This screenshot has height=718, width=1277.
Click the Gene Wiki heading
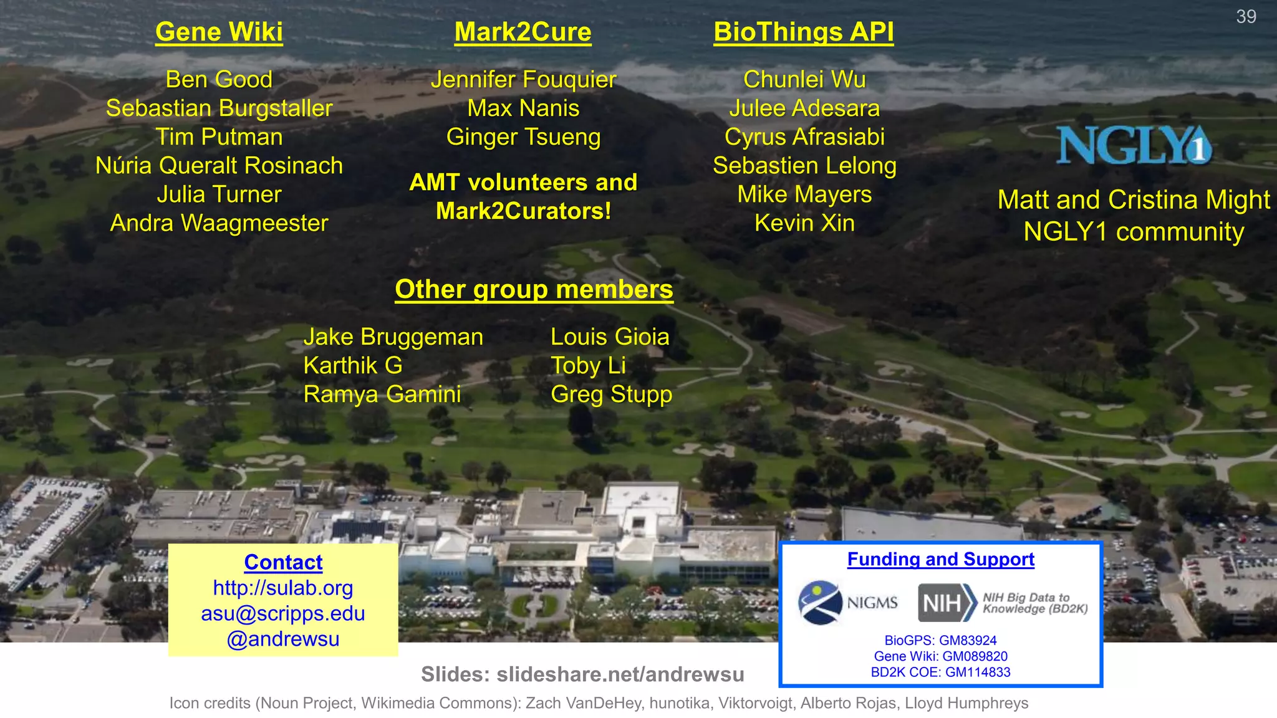click(x=219, y=32)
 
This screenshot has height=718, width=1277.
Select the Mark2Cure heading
click(x=523, y=32)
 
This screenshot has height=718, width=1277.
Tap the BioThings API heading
click(x=804, y=32)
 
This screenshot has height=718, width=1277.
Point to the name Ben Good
click(x=219, y=80)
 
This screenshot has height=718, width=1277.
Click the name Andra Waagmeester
click(x=219, y=223)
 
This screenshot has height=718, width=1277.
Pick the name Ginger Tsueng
click(x=523, y=137)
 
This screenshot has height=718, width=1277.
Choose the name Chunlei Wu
click(x=804, y=80)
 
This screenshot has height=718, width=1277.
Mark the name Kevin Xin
click(x=804, y=223)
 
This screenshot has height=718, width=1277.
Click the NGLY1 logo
click(x=1134, y=146)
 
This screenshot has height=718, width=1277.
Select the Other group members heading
click(x=534, y=289)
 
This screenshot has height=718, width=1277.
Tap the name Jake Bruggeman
click(x=393, y=337)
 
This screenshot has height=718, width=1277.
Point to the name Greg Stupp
click(x=611, y=395)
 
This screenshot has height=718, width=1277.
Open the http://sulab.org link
click(x=283, y=588)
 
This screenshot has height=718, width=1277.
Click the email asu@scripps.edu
click(x=283, y=613)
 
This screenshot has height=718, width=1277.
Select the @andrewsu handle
click(x=283, y=639)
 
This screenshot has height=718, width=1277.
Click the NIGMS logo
click(x=847, y=603)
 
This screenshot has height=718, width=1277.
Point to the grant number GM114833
click(x=978, y=673)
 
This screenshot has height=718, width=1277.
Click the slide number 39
click(x=1246, y=17)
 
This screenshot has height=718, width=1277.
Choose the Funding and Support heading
click(x=940, y=559)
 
